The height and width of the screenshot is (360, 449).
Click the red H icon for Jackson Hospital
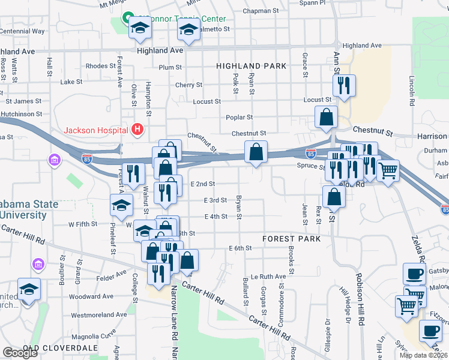click(138, 129)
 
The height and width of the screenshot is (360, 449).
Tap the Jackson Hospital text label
click(97, 130)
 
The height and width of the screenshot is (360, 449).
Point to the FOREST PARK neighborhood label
click(292, 239)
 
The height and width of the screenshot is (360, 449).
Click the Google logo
click(20, 353)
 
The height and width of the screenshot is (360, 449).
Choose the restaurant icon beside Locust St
click(344, 86)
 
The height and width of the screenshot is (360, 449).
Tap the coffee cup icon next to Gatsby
click(414, 274)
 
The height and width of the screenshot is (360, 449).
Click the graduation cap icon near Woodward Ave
click(29, 289)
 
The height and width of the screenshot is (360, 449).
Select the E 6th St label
click(240, 248)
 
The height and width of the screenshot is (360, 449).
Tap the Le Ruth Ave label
click(268, 277)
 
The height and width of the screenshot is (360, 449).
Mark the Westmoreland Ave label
click(99, 314)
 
